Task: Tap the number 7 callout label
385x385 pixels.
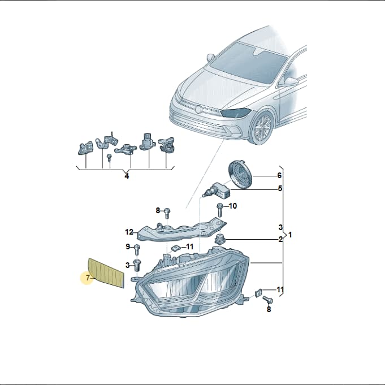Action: click(88, 278)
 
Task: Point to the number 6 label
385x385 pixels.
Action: click(279, 176)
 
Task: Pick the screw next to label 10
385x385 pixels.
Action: click(219, 210)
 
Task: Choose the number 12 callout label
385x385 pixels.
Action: click(129, 232)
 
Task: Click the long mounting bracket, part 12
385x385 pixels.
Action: click(181, 230)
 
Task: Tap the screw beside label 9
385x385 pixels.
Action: click(137, 250)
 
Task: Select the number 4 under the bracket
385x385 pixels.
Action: click(127, 176)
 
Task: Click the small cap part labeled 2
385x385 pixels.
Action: click(220, 239)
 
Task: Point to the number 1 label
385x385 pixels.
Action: click(290, 235)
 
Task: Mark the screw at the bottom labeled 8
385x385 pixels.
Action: click(268, 300)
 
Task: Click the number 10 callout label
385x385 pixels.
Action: click(232, 206)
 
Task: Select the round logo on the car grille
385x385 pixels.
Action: click(198, 109)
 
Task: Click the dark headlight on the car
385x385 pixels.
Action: click(236, 113)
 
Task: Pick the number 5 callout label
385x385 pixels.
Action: click(280, 188)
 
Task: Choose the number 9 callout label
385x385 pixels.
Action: click(128, 246)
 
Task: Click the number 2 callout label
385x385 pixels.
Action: click(280, 239)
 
